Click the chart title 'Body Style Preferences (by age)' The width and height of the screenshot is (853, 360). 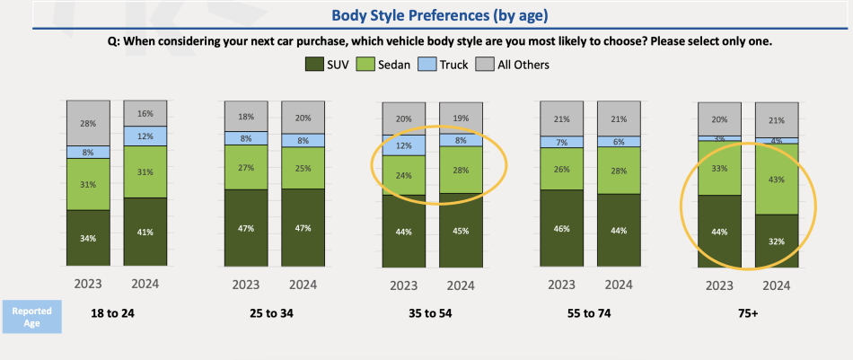[x=426, y=15]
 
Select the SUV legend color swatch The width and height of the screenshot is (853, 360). [x=314, y=65]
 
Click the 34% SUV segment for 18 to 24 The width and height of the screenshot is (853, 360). [x=88, y=239]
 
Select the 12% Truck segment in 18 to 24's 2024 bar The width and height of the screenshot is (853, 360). [x=145, y=136]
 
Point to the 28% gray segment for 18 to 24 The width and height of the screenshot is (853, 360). [x=88, y=123]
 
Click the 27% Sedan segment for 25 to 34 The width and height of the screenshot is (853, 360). [x=246, y=167]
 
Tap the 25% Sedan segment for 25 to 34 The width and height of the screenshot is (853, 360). [x=303, y=168]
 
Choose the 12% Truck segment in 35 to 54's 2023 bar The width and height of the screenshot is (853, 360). [x=403, y=145]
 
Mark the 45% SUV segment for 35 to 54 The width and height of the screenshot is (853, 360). [x=461, y=231]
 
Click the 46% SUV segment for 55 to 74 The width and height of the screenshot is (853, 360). [x=561, y=229]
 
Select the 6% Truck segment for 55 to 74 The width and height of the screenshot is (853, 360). [x=618, y=141]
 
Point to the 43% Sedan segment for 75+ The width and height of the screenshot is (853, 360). [x=777, y=180]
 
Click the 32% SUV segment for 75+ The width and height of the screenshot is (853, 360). [x=777, y=241]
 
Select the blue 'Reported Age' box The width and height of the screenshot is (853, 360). [x=31, y=317]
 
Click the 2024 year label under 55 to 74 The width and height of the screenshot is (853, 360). [x=618, y=285]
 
